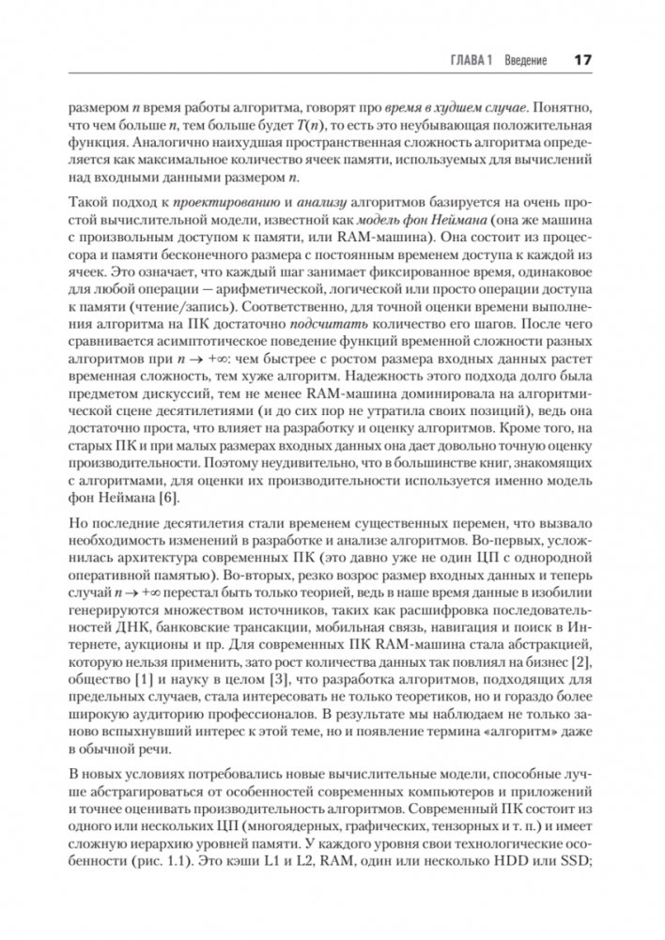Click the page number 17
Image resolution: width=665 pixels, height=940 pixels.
(580, 60)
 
